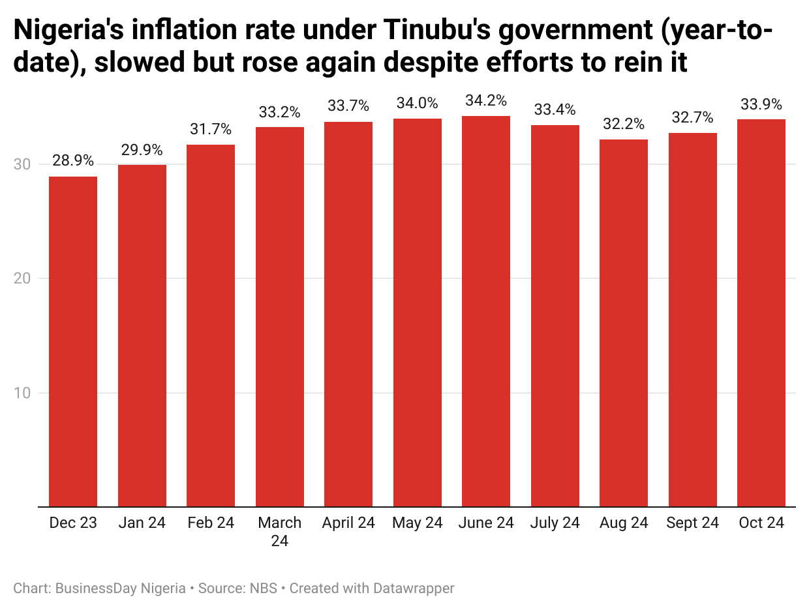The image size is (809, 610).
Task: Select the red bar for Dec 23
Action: (x=73, y=341)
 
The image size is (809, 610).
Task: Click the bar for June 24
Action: (x=486, y=311)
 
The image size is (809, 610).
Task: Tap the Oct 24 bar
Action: (x=761, y=313)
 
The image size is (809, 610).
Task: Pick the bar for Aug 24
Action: (x=624, y=323)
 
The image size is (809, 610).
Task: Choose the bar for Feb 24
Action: (x=211, y=325)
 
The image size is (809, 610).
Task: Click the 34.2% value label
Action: (x=486, y=101)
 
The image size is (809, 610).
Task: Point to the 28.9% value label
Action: (x=73, y=161)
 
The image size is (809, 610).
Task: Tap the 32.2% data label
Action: (x=624, y=124)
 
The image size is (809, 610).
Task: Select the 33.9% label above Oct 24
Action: (x=761, y=104)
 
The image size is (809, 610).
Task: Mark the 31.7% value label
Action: (x=211, y=129)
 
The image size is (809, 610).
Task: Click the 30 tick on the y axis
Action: (x=22, y=165)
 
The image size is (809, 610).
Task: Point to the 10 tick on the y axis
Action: (x=22, y=393)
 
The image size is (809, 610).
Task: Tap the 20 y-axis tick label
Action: (x=22, y=279)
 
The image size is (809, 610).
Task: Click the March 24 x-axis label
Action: (x=280, y=531)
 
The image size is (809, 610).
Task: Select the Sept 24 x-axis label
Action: (x=692, y=523)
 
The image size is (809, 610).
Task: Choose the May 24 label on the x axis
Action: (x=418, y=523)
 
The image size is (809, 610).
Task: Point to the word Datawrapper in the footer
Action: (x=414, y=588)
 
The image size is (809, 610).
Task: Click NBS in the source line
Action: (x=265, y=588)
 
